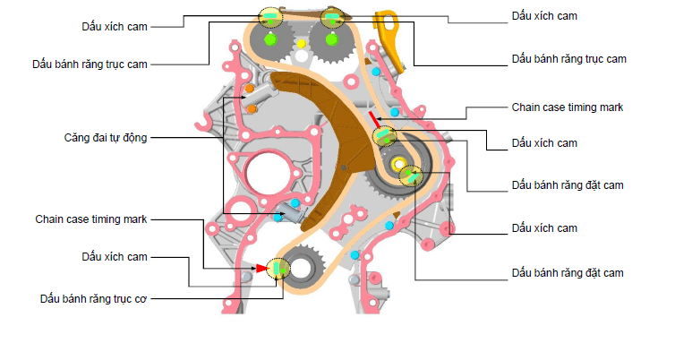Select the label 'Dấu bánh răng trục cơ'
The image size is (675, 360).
[94, 297]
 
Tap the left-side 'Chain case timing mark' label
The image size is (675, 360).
[91, 219]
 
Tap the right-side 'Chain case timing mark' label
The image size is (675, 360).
[567, 107]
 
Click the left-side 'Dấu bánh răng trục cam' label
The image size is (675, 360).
[89, 64]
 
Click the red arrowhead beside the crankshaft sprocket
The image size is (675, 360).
[261, 268]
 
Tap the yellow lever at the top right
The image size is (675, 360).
[387, 27]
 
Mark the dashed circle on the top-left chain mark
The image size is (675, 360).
[269, 17]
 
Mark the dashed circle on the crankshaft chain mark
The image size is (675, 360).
[280, 267]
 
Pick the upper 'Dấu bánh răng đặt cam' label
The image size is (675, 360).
[567, 185]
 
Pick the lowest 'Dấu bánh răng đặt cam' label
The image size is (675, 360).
[567, 272]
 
